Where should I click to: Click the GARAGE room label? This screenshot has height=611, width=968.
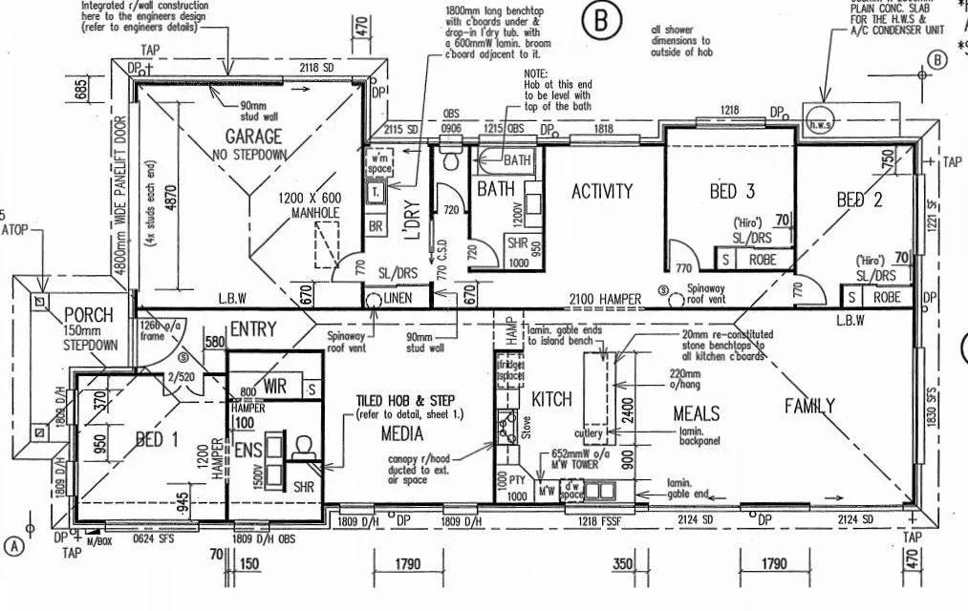[253, 136]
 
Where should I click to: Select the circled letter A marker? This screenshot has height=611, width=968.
[14, 546]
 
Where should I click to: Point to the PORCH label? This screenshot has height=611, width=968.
[88, 315]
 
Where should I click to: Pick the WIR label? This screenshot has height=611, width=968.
[276, 388]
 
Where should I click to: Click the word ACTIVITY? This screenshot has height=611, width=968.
[602, 191]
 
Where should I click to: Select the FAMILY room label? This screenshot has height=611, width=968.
[809, 406]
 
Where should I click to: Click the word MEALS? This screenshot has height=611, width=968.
[696, 414]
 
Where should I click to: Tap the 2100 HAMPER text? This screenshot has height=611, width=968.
[606, 300]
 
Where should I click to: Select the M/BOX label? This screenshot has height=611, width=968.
[97, 542]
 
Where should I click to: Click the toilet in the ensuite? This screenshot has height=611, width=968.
[305, 448]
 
